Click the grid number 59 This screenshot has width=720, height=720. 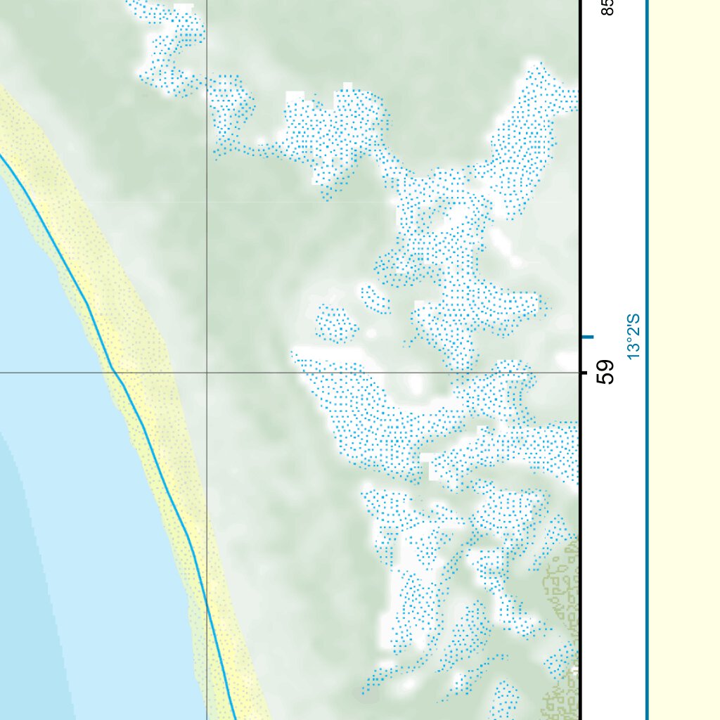coord(605,372)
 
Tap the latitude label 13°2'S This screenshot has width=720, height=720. coord(635,337)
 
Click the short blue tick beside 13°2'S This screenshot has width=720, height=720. coord(588,337)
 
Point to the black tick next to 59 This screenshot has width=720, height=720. coord(583,372)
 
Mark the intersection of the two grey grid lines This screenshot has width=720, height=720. coord(207,372)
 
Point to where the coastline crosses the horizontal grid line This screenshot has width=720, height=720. coord(112,372)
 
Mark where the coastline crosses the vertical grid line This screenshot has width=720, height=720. coord(207,601)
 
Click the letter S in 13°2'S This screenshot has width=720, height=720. coord(635,318)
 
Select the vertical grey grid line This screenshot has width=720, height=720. coord(207,211)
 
